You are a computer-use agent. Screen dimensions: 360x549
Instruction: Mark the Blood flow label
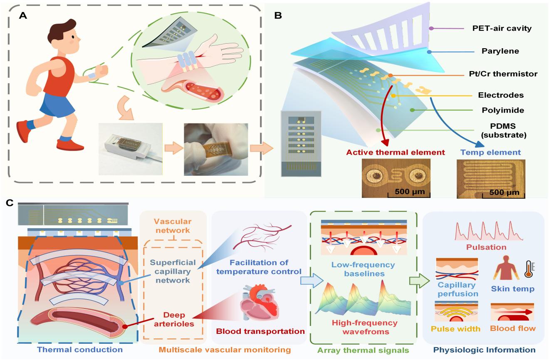point(512,329)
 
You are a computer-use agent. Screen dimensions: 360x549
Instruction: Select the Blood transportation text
point(258,331)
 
